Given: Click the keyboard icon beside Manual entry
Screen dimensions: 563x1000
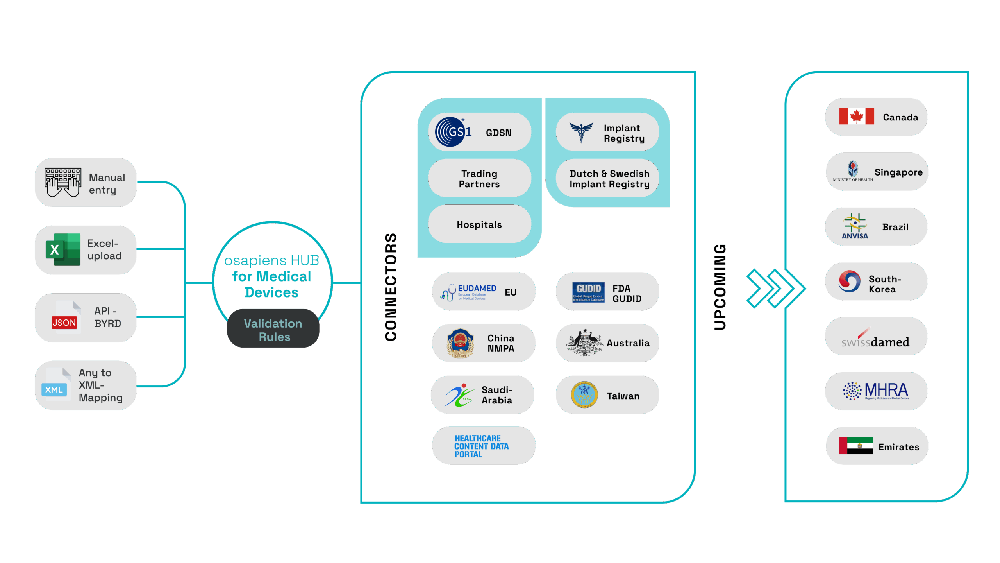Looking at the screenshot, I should coord(63,182).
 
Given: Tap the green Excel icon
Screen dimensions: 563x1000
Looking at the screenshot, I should coord(63,249).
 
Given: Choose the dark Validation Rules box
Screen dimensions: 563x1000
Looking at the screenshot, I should coord(273,329).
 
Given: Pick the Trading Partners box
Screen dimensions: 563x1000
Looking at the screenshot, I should coord(479,179).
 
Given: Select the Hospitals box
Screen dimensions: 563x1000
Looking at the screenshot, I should coord(479,224).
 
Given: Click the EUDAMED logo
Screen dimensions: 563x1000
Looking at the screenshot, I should coord(468,292).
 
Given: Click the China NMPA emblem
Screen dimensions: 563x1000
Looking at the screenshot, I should coord(460,343).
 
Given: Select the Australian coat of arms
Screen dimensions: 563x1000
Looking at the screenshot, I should coord(584,342).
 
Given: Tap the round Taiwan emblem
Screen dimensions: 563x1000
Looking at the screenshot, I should coord(584,395).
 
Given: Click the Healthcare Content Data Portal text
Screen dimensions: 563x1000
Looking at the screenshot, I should coord(481,446).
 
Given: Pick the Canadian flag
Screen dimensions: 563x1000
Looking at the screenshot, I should coord(856,117).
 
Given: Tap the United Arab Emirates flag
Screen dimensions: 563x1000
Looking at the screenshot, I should coord(855,446).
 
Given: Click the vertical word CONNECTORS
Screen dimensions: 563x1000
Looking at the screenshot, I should coord(391,287).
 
